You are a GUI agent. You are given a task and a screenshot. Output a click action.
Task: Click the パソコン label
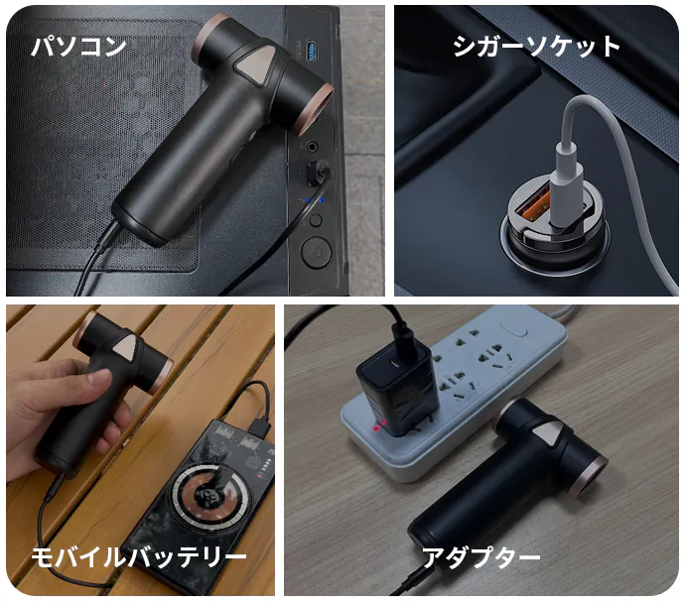[x=78, y=47]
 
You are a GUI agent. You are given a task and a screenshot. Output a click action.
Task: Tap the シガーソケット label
[x=536, y=47]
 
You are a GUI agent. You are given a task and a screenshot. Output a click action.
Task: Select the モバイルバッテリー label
[x=138, y=557]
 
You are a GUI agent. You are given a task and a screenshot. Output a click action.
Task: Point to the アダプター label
[x=480, y=557]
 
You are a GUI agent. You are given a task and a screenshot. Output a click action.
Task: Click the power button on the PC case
[x=316, y=252]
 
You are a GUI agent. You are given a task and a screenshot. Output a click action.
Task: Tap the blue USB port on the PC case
[x=311, y=51]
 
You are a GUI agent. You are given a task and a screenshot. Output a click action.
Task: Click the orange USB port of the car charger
[x=532, y=207]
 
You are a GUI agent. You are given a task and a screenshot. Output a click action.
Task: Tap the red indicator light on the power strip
[x=375, y=428]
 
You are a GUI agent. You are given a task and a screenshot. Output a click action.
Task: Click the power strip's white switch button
[x=514, y=329]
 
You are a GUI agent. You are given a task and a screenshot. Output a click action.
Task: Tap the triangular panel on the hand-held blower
[x=128, y=348]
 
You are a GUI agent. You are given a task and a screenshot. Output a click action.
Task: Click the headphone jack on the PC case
[x=313, y=147]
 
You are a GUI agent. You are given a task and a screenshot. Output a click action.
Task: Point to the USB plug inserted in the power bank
[x=259, y=425]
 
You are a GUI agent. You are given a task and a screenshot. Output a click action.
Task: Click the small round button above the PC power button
[x=316, y=220]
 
